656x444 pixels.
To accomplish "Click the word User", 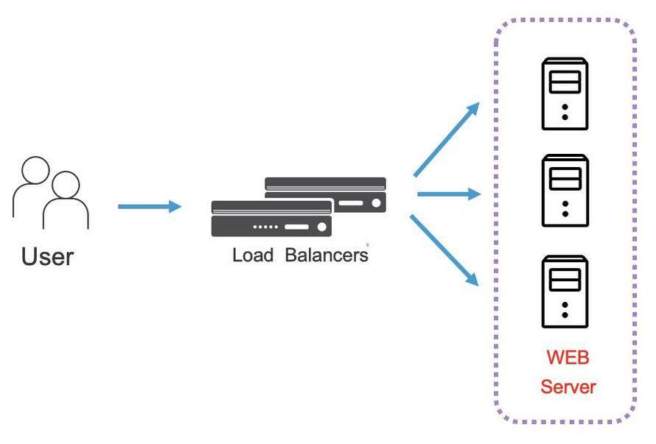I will pyautogui.click(x=48, y=256).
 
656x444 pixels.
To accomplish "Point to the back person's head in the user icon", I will pyautogui.click(x=35, y=170).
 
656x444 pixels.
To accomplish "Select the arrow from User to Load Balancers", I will pyautogui.click(x=149, y=206).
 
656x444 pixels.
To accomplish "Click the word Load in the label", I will pyautogui.click(x=253, y=256).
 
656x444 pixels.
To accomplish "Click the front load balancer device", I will pyautogui.click(x=271, y=218).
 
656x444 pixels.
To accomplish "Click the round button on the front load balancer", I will pyautogui.click(x=321, y=227).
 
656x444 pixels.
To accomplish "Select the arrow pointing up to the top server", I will pyautogui.click(x=447, y=140).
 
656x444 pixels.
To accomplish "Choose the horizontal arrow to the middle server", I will pyautogui.click(x=448, y=194).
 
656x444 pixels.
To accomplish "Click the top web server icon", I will pyautogui.click(x=565, y=94).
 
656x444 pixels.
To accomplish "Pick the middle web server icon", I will pyautogui.click(x=565, y=190).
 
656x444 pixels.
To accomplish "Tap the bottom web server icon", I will pyautogui.click(x=565, y=292).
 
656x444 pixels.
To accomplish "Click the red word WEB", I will pyautogui.click(x=568, y=358).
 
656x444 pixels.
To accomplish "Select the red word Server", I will pyautogui.click(x=568, y=387).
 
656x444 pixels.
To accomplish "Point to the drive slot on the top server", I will pyautogui.click(x=565, y=81).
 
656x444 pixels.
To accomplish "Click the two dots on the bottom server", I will pyautogui.click(x=565, y=309).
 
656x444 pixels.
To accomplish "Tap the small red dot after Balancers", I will pyautogui.click(x=368, y=244).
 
